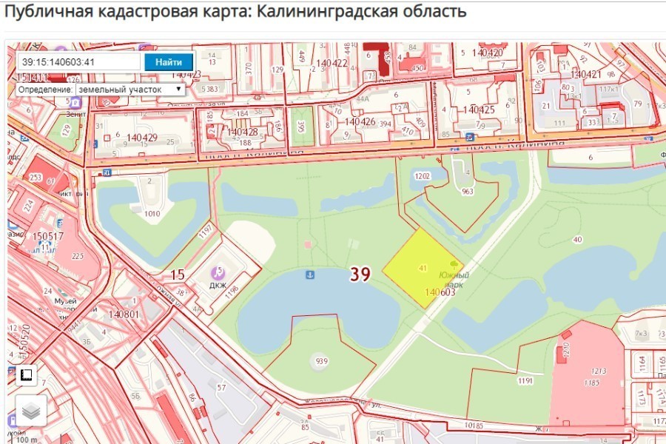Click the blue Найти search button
(169, 61)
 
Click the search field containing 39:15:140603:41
(79, 61)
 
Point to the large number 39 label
(360, 275)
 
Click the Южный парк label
(452, 280)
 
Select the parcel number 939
(321, 361)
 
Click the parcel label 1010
(152, 214)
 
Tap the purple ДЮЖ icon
(218, 272)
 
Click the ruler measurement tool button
(27, 375)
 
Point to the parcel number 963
(467, 192)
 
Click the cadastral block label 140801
(124, 314)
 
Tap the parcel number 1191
(525, 380)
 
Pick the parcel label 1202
(423, 176)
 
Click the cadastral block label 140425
(479, 110)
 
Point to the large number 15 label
(178, 275)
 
